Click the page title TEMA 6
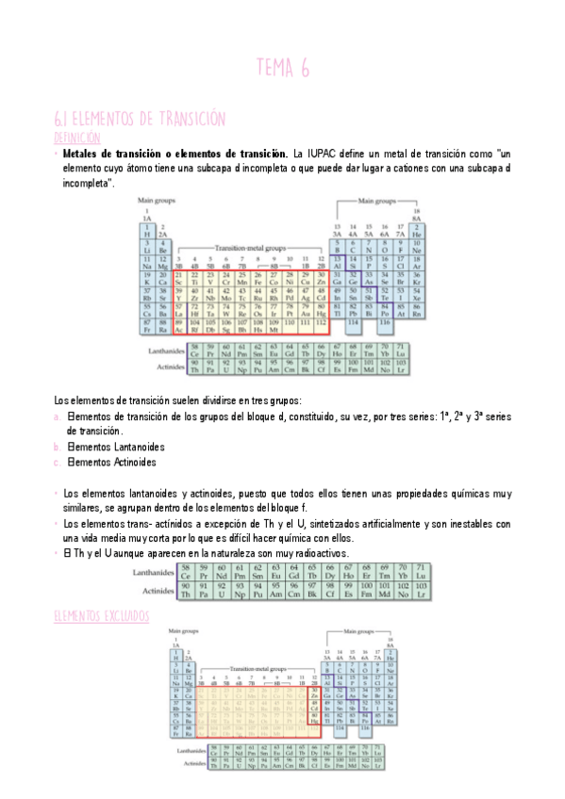(282, 67)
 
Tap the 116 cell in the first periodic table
(385, 323)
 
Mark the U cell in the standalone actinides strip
(222, 594)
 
